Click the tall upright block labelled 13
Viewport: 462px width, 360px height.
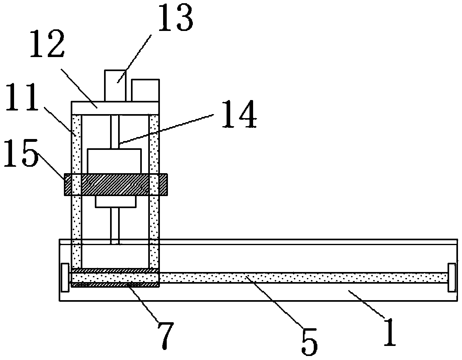114,85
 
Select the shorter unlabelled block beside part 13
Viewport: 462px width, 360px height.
145,90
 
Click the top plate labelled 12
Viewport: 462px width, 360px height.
115,108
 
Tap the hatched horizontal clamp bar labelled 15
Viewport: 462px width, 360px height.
115,184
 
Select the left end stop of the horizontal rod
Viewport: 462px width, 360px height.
65,278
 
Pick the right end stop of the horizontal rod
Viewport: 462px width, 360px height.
452,278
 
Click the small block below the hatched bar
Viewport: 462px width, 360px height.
115,202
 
